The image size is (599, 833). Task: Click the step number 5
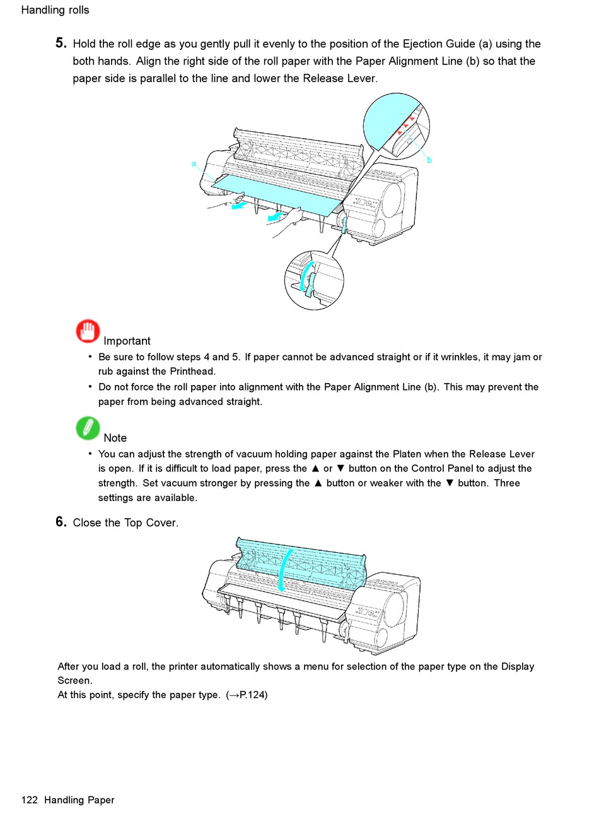(61, 43)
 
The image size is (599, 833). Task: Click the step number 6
(61, 522)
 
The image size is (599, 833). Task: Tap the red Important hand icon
(88, 331)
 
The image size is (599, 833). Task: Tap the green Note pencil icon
(88, 428)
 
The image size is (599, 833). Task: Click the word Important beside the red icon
(127, 341)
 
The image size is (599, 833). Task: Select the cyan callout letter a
(194, 164)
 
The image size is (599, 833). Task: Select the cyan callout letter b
(429, 160)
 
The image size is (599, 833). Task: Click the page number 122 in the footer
(30, 800)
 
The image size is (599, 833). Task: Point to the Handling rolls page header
(55, 10)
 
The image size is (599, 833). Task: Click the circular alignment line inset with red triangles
(396, 126)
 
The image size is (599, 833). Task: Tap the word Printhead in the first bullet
(192, 372)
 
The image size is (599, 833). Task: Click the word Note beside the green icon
(115, 438)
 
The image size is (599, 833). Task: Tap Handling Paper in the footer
(79, 800)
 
